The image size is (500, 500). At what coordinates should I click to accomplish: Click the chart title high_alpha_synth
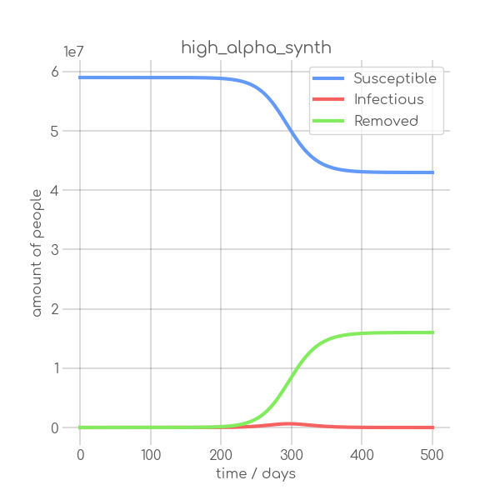256,48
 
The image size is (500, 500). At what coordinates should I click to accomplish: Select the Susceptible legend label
394,79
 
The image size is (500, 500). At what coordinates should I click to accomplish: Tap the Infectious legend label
388,100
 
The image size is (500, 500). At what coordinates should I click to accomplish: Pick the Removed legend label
386,121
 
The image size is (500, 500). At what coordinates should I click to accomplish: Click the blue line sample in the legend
328,79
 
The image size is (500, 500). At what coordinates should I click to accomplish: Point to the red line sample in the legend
328,100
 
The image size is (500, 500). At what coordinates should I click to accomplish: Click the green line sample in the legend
328,121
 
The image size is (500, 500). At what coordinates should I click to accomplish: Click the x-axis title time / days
256,474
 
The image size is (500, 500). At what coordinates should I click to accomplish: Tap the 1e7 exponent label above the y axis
74,52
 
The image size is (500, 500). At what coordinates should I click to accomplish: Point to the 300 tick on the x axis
292,454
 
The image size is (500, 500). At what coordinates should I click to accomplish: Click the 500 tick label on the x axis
432,454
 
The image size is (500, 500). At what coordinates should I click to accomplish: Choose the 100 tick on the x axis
151,454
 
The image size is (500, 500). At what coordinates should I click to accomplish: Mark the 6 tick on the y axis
54,72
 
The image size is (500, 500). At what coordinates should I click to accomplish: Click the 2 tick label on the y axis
54,309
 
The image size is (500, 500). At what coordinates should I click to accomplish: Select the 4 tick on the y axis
54,191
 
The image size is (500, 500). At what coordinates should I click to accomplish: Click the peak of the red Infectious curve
289,423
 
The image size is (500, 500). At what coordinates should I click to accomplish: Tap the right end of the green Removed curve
433,332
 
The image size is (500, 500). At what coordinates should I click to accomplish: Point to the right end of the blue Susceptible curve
433,172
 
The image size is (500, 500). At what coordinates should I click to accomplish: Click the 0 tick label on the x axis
80,454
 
